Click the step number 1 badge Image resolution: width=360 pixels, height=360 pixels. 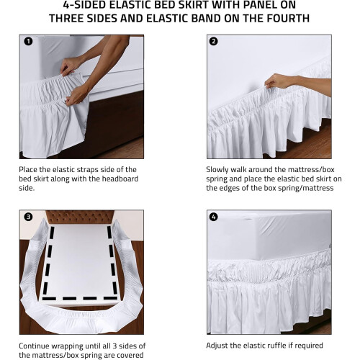(28, 42)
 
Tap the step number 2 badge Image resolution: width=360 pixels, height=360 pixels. (214, 42)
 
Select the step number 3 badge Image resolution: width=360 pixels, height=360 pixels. (28, 217)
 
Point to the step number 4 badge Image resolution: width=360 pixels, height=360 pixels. (214, 217)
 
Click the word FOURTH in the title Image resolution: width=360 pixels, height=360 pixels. (287, 19)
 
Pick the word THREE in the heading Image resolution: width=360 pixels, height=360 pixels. (66, 19)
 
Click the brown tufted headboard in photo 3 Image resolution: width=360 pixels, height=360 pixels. (80, 217)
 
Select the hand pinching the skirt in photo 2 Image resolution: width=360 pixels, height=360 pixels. (279, 81)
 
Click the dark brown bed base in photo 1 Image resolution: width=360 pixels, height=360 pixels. (114, 120)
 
